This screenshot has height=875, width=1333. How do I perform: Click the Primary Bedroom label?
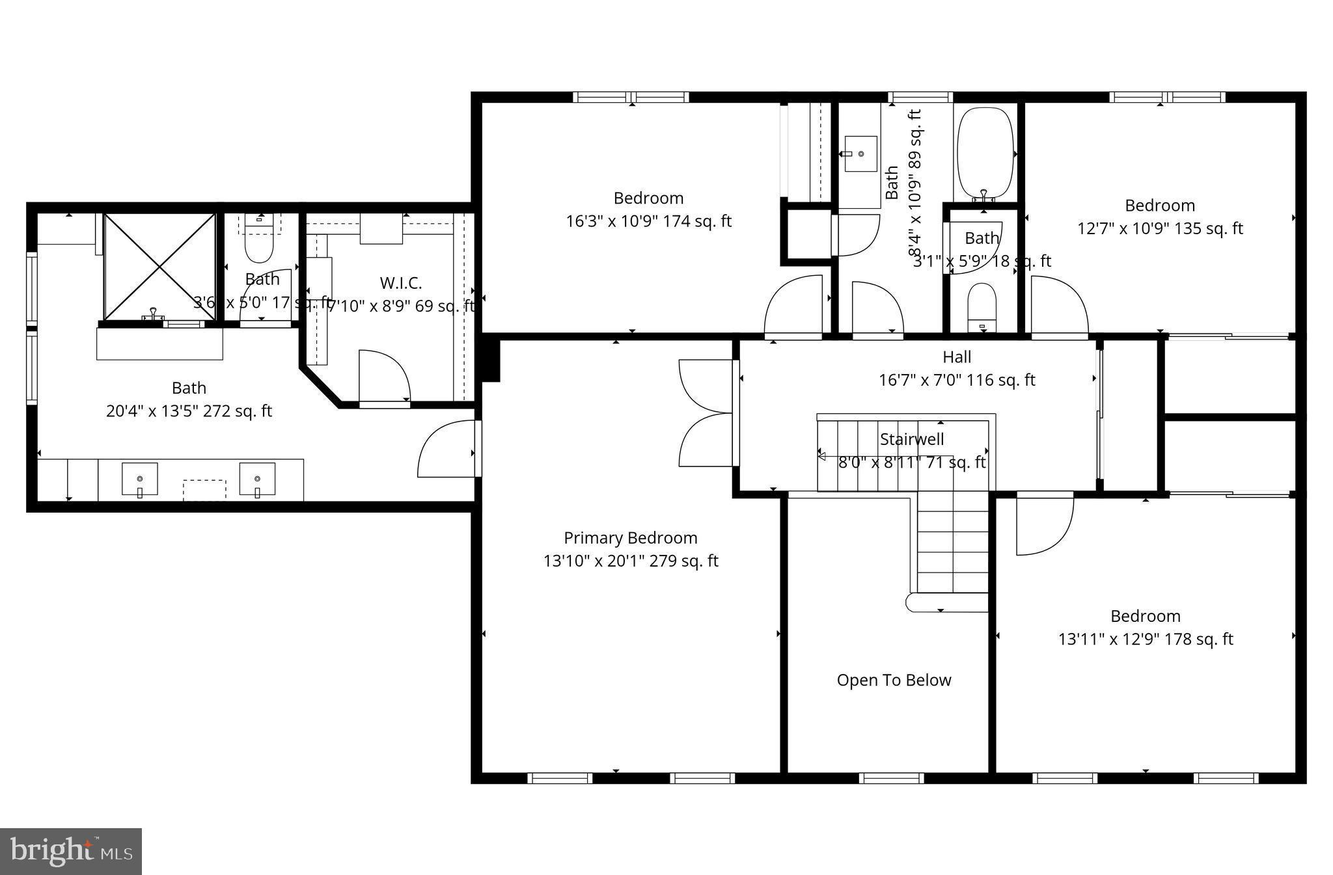click(x=630, y=538)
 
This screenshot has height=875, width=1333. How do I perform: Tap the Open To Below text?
click(x=894, y=680)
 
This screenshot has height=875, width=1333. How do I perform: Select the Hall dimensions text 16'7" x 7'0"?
click(x=956, y=380)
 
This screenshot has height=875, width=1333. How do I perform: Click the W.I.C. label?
click(x=400, y=283)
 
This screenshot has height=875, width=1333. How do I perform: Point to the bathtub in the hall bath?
click(x=985, y=154)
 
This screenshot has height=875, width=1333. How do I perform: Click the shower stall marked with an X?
click(x=159, y=267)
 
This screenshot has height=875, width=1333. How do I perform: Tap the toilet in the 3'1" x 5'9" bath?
click(x=982, y=306)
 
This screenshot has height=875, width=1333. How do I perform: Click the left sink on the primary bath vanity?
click(x=140, y=479)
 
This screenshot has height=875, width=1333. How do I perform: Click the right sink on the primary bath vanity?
click(x=257, y=479)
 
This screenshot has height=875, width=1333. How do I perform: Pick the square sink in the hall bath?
click(x=860, y=154)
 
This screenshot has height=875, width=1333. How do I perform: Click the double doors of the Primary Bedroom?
click(x=706, y=413)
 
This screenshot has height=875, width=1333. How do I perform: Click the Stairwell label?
click(x=911, y=439)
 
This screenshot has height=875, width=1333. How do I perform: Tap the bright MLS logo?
click(x=71, y=851)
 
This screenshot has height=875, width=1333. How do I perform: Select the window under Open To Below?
click(x=891, y=777)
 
